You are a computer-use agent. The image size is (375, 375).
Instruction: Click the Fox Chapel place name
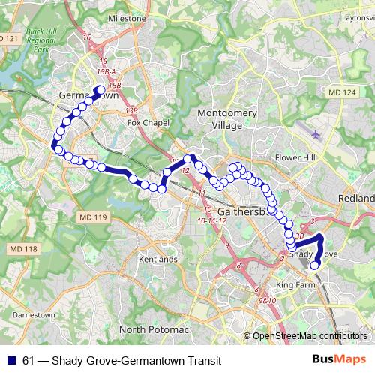[145, 122]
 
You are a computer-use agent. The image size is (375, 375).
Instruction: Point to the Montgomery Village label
[218, 119]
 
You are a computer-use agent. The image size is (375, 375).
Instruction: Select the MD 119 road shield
[92, 217]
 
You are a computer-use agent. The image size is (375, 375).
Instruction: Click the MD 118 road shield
[23, 248]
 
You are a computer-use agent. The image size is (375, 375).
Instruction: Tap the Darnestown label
[35, 315]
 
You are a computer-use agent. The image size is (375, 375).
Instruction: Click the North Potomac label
[155, 329]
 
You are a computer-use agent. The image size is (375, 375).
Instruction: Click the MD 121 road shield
[7, 37]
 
